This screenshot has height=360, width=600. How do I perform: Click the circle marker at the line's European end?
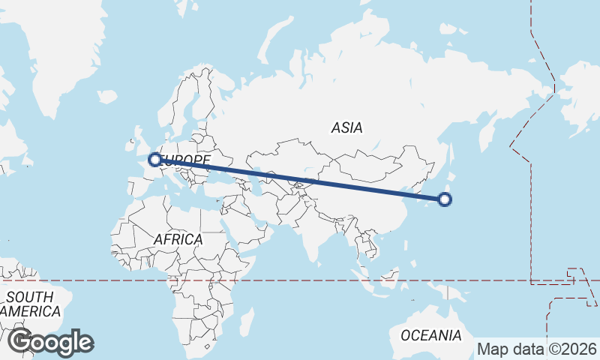click(155, 159)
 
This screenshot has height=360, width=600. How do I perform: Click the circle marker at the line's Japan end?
click(445, 199)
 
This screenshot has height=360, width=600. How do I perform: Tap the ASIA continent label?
click(346, 128)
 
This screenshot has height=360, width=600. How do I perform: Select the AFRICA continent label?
click(178, 239)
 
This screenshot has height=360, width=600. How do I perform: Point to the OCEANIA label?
click(430, 335)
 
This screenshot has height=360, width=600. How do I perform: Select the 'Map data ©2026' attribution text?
click(537, 349)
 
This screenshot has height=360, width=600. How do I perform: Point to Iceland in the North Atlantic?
click(107, 97)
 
